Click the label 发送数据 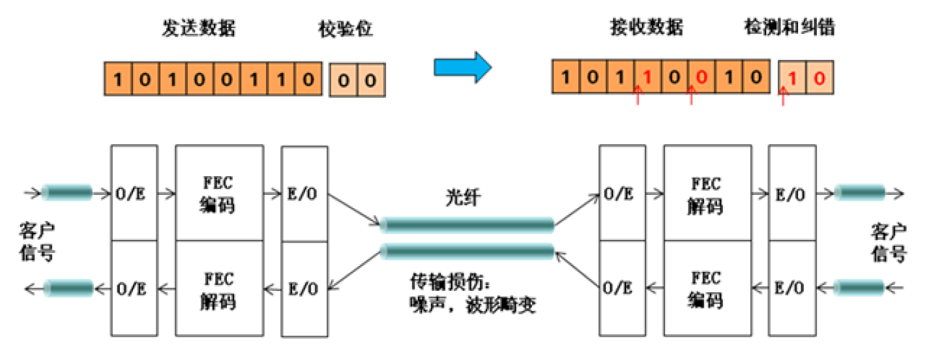pos(199,29)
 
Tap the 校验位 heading pos(346,29)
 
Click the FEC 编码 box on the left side pos(219,194)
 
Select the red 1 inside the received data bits pos(647,78)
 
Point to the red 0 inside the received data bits pos(701,78)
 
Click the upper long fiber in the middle pos(467,225)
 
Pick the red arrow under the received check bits pos(784,98)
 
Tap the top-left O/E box pos(134,194)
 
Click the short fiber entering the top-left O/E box pos(67,192)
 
